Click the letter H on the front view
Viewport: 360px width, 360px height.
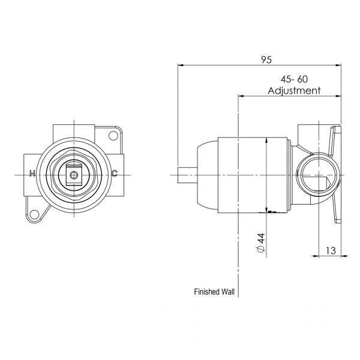click(32, 174)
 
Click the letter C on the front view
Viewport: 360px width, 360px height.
click(115, 174)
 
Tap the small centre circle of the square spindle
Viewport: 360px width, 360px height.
click(73, 175)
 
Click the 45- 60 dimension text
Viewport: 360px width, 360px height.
click(295, 79)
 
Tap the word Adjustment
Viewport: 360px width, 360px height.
click(294, 91)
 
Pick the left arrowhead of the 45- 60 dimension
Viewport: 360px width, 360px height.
click(241, 95)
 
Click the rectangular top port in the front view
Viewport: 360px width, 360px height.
click(73, 130)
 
